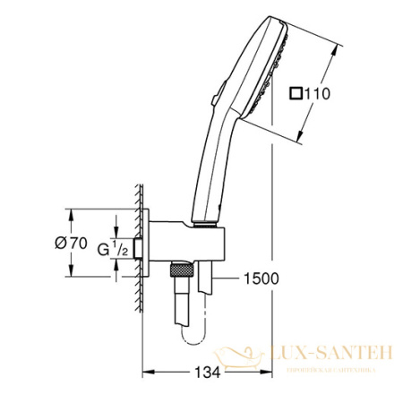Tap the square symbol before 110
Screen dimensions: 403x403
pyautogui.click(x=296, y=92)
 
